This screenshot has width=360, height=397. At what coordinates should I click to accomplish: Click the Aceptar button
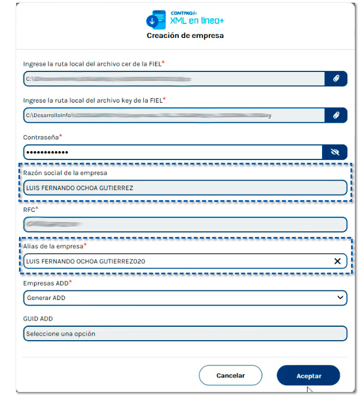coord(308,376)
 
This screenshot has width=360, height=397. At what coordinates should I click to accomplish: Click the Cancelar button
coord(231,376)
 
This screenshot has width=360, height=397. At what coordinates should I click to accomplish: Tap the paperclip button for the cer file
coord(336,79)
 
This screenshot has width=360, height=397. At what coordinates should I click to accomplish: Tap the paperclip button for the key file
coord(336,115)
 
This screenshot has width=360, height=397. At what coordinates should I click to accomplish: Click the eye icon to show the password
coord(335,152)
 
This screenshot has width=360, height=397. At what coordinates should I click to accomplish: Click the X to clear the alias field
coord(337,261)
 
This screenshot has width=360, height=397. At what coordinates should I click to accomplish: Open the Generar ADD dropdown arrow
coord(340,298)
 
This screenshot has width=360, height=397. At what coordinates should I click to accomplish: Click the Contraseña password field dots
coord(47,152)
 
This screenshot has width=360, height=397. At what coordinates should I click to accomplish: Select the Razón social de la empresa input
coord(184,188)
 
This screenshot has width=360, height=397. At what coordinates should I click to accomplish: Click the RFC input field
coord(184,224)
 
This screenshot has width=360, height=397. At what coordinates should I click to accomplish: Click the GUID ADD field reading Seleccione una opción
coord(184,333)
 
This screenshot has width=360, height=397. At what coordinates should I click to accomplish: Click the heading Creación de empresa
coord(185,36)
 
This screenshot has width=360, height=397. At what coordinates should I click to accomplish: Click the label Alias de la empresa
coord(53,246)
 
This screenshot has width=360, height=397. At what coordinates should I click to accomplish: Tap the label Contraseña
coord(41,137)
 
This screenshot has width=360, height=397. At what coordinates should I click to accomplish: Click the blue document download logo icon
coord(156,20)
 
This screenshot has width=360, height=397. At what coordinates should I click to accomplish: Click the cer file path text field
coord(173,79)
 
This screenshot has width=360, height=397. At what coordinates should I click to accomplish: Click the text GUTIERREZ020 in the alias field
coord(126,261)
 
